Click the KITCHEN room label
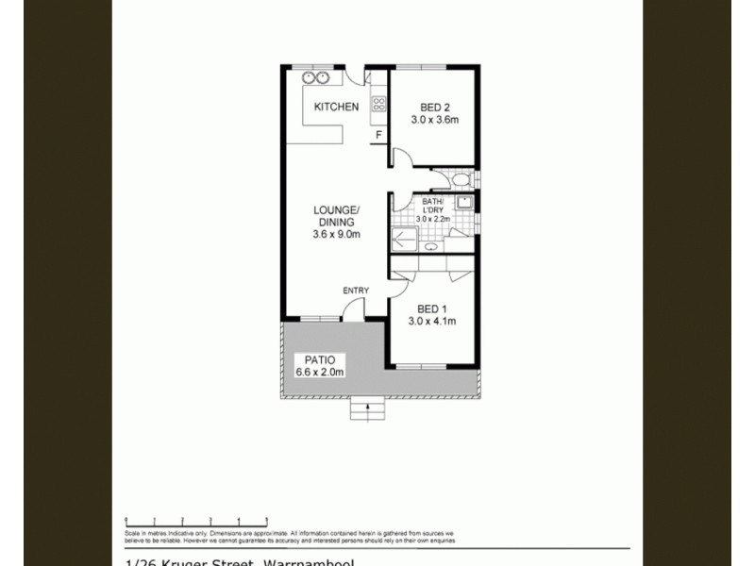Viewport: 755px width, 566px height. pos(336,107)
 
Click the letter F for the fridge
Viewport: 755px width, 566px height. pos(378,135)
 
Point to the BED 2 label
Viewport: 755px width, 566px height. pos(434,107)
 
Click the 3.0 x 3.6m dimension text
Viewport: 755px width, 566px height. pos(434,120)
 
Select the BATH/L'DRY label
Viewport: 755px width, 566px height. pos(434,205)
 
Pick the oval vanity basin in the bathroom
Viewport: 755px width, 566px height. pos(431,247)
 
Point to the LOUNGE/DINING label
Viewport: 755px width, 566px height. pos(336,216)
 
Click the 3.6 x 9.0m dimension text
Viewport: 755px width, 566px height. pos(336,235)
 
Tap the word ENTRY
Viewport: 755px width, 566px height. pos(356,290)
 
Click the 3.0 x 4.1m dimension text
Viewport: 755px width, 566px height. pos(431,321)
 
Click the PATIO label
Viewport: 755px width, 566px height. pos(320,359)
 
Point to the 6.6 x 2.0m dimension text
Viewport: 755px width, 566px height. pos(320,372)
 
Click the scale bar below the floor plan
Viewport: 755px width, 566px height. pos(196,520)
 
